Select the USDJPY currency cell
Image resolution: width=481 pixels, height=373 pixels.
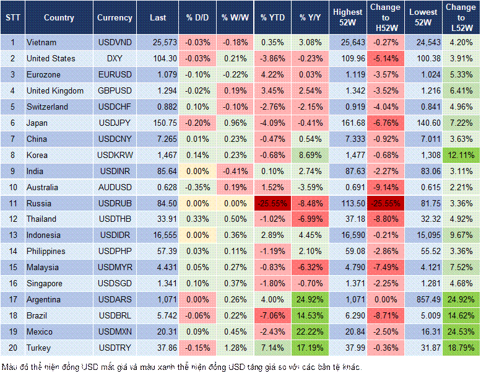pos(115,123)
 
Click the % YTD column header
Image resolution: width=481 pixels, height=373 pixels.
pos(272,18)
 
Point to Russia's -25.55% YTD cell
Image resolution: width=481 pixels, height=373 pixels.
pos(272,203)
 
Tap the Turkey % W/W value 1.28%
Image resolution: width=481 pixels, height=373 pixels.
pos(233,348)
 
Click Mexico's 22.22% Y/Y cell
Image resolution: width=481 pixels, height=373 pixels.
pos(311,332)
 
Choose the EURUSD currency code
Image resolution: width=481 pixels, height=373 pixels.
pos(115,74)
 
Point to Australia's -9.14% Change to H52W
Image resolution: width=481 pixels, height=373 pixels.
pos(386,187)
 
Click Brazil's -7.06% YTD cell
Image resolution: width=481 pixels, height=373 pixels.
pos(272,316)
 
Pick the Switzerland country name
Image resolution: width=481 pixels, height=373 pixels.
pos(47,107)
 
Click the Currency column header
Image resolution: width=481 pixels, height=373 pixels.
pos(115,18)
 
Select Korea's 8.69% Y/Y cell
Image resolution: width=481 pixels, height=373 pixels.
pos(311,155)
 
